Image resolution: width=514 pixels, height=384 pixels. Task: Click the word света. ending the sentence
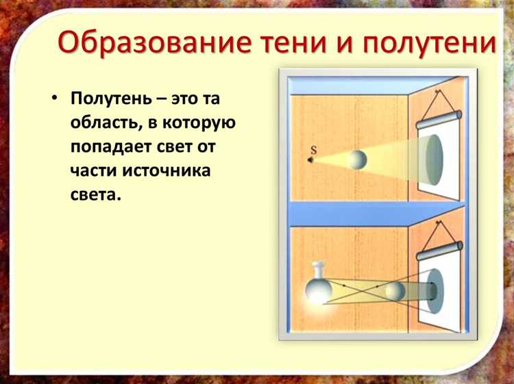pos(95,194)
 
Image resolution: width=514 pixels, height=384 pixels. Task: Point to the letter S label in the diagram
pos(313,149)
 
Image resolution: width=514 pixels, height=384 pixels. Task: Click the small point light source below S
pos(310,161)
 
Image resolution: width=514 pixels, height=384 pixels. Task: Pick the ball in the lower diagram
pos(395,291)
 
